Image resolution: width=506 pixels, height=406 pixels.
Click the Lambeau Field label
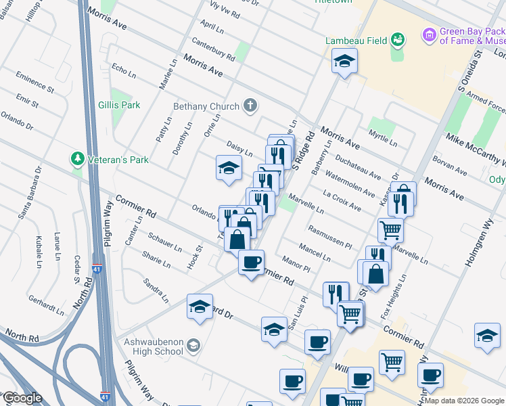coord(356,41)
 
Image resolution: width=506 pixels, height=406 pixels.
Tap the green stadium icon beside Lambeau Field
coord(398,40)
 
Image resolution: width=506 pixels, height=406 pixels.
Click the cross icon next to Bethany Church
coord(250,106)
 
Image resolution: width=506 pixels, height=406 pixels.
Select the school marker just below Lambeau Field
coord(344,62)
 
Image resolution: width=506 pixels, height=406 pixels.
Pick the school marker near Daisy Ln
coord(229,167)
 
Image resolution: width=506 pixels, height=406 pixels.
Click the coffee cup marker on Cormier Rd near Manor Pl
coord(251,262)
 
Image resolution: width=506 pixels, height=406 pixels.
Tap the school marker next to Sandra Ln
coord(200,307)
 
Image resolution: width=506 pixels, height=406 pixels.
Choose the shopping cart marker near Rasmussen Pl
coord(390,230)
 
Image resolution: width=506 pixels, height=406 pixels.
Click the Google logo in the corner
coord(22,397)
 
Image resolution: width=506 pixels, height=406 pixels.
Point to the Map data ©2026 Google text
coord(463,401)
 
